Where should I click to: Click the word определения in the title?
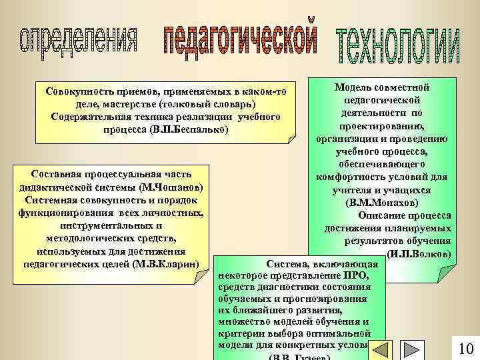tap(80, 41)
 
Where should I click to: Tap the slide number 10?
tap(465, 349)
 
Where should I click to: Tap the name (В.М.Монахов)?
tap(383, 203)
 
